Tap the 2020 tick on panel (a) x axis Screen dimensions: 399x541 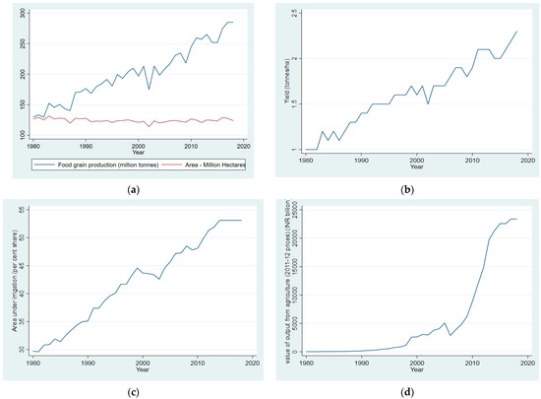(x=253, y=143)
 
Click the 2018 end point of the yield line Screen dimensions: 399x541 (x=514, y=32)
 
